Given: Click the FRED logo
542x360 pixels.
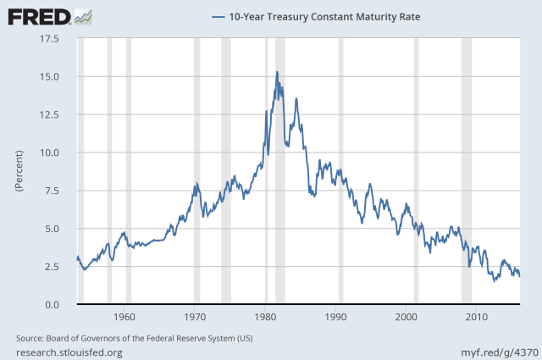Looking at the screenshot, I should pyautogui.click(x=38, y=15).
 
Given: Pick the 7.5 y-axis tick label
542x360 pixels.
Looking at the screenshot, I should pyautogui.click(x=49, y=191).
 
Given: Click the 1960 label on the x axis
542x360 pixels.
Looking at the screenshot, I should pyautogui.click(x=124, y=318).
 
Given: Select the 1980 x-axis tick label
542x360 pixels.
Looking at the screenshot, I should pyautogui.click(x=266, y=318).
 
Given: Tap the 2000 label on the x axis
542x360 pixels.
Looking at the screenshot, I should pyautogui.click(x=407, y=318).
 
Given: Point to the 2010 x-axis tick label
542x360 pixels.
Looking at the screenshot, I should pyautogui.click(x=478, y=318).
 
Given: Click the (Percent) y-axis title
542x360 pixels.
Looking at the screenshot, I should pyautogui.click(x=19, y=172).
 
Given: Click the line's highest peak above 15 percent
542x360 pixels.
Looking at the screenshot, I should pyautogui.click(x=277, y=72).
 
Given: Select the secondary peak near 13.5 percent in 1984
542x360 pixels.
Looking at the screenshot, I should pyautogui.click(x=296, y=98).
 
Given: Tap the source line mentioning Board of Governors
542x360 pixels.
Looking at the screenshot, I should pyautogui.click(x=134, y=339).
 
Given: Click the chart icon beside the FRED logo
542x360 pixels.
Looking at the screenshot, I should pyautogui.click(x=84, y=15).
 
